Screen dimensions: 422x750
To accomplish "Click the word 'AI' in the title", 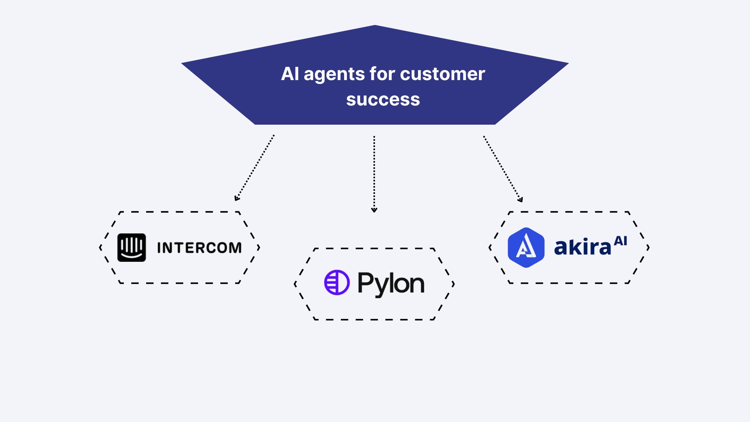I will tap(290, 74).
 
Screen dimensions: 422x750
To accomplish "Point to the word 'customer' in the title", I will tap(442, 74).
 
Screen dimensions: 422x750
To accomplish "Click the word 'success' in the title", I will tap(383, 99).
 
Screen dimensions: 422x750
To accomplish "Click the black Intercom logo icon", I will tap(132, 247).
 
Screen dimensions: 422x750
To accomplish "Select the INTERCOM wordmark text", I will tap(199, 248).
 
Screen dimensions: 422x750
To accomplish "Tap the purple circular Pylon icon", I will tap(337, 282).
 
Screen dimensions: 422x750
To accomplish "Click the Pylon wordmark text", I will tap(391, 284).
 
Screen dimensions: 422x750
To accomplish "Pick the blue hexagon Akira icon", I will tap(526, 247).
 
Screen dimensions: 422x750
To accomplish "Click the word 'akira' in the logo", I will tap(582, 247).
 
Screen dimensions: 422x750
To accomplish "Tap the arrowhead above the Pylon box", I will tap(374, 210).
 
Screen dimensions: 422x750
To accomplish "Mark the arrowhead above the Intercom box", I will tap(236, 198).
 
